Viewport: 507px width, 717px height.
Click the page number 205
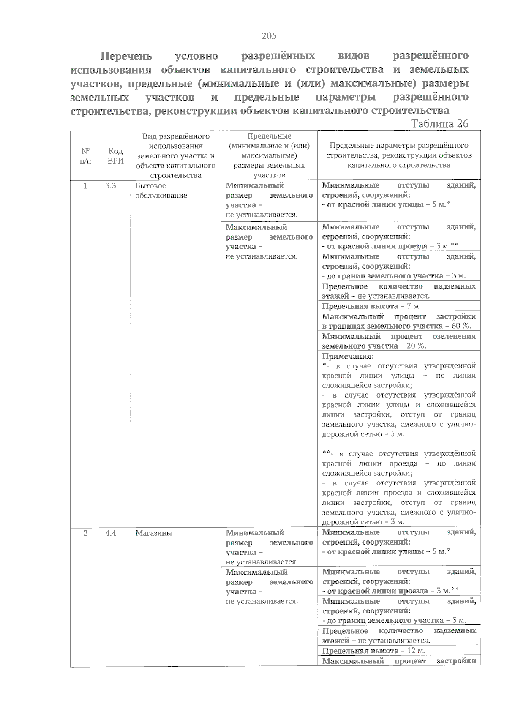point(269,36)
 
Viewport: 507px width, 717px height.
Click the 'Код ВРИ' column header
point(115,155)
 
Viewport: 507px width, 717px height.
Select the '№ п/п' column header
point(85,155)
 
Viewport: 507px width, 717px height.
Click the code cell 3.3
point(111,186)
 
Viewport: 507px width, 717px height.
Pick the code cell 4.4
point(111,533)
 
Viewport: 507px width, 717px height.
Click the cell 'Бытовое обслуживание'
point(161,191)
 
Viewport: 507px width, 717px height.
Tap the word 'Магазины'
point(153,533)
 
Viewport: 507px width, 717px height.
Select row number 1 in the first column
point(85,186)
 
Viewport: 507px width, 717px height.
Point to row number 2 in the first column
point(85,533)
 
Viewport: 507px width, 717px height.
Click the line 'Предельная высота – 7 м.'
point(365,306)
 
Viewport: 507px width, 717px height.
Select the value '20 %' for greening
point(416,346)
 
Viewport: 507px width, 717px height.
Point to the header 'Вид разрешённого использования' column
point(176,155)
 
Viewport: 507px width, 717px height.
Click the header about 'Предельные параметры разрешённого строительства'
point(399,155)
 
